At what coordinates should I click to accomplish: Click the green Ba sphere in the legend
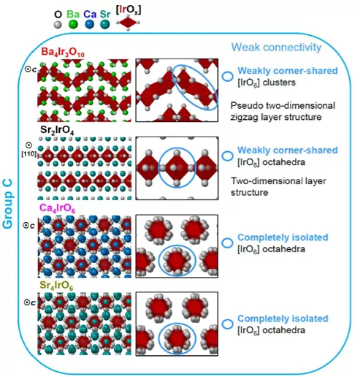[x=73, y=24]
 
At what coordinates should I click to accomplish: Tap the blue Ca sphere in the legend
[x=90, y=24]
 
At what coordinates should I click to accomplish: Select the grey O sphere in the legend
[x=58, y=24]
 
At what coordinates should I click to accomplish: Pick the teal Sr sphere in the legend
[x=105, y=24]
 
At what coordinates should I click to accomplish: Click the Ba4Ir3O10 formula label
[x=63, y=53]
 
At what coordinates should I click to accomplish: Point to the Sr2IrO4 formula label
[x=57, y=130]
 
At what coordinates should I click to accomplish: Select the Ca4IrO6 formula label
[x=57, y=208]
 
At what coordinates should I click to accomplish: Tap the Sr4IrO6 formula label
[x=56, y=286]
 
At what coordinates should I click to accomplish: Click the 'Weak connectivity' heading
[x=276, y=47]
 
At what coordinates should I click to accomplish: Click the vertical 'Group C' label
[x=7, y=204]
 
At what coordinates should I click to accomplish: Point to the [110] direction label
[x=29, y=154]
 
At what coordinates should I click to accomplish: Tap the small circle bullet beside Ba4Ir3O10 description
[x=228, y=76]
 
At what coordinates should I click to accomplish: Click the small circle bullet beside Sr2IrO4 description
[x=228, y=156]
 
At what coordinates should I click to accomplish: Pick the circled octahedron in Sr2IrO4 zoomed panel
[x=177, y=167]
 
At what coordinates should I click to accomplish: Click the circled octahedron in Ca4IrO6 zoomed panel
[x=177, y=260]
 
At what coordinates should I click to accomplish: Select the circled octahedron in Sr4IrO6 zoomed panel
[x=177, y=338]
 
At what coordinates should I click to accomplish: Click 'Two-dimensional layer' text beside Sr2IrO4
[x=278, y=181]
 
